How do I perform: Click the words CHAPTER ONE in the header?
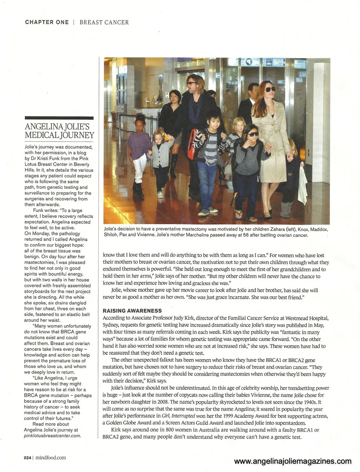[47, 22]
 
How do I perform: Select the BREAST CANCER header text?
[104, 22]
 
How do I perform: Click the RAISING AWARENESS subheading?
[132, 311]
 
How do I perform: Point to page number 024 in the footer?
[27, 457]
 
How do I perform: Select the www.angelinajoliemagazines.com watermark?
[293, 461]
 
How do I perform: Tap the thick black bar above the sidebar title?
[59, 118]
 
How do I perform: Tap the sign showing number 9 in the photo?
[248, 62]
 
